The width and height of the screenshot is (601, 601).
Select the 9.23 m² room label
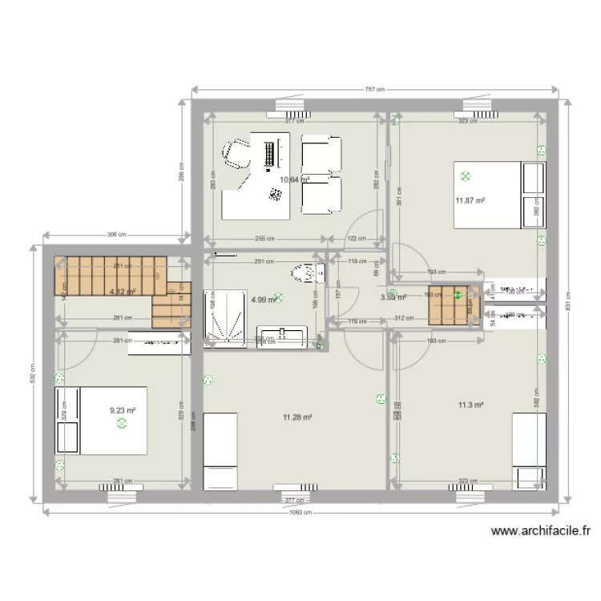click(123, 410)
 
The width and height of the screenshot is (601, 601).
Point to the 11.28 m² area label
click(296, 417)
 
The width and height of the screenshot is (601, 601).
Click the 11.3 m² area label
click(470, 405)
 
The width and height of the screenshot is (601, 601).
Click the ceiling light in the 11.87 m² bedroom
click(465, 176)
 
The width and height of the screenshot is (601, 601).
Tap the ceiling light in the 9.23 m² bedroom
click(121, 424)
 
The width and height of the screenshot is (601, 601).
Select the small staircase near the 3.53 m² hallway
click(454, 305)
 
